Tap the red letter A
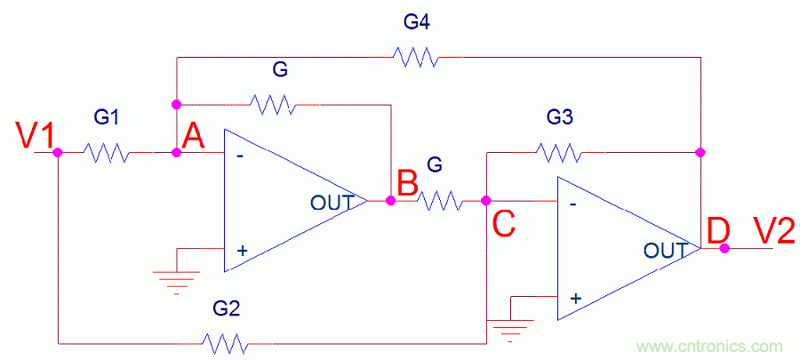click(x=194, y=137)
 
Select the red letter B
click(x=407, y=184)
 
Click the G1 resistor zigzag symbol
click(x=107, y=153)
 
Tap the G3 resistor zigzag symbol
click(x=560, y=153)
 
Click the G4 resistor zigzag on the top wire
click(x=416, y=58)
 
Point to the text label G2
click(x=226, y=309)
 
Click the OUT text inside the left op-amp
click(x=330, y=202)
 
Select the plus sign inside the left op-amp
click(x=241, y=252)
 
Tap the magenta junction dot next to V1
click(x=58, y=153)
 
